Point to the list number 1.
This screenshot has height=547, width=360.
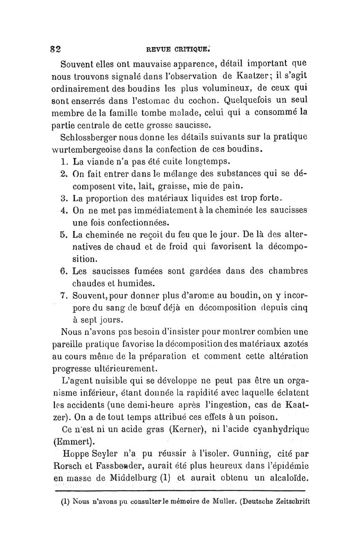coord(63,162)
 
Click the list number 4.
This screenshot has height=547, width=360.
coord(63,210)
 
